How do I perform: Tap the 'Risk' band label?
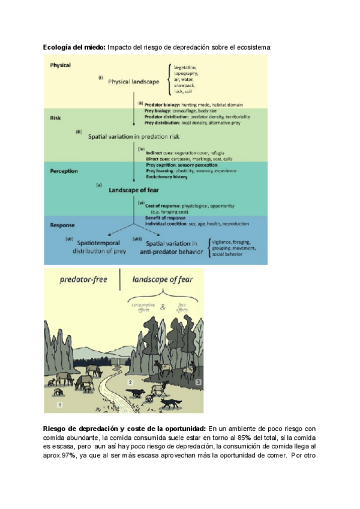(55, 118)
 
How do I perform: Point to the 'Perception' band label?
(64, 170)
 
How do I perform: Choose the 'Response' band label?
(63, 225)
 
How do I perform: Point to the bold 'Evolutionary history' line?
(167, 177)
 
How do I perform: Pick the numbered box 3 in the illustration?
(199, 382)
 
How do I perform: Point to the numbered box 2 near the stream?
(130, 382)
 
